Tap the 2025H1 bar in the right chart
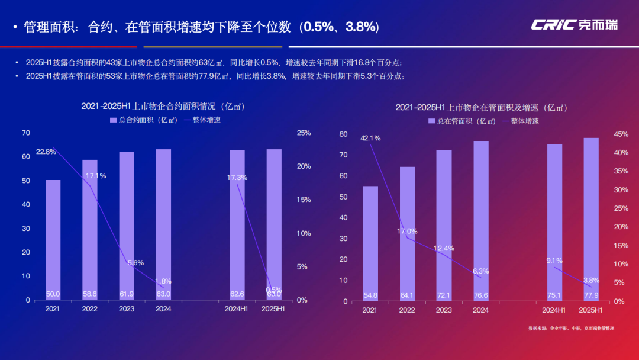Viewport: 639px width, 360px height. pos(590,219)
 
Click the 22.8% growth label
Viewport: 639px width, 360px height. pos(46,152)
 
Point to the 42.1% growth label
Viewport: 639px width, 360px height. pos(370,138)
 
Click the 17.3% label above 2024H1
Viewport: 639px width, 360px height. pos(237,178)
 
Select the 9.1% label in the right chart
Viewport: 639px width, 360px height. pos(554,260)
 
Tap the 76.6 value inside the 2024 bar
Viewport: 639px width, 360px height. pos(480,294)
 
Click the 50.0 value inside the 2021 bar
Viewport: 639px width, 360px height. pos(53,294)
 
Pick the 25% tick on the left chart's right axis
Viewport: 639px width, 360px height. pos(304,133)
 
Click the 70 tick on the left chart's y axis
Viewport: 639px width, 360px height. pos(25,133)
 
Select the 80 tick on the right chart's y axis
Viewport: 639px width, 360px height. pos(343,134)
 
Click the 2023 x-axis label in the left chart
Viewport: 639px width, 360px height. pos(127,309)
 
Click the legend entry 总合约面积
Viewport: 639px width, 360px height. pos(144,120)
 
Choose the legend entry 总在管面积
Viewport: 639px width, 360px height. pos(462,121)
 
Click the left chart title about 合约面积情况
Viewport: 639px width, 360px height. pos(163,107)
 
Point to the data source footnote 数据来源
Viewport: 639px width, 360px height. pos(571,328)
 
